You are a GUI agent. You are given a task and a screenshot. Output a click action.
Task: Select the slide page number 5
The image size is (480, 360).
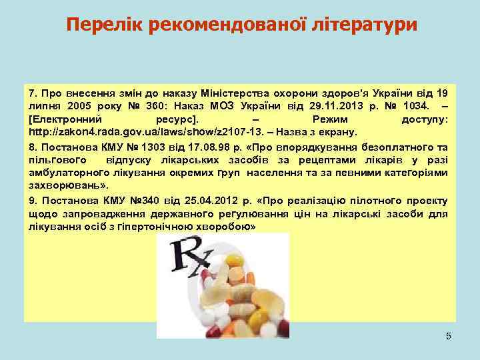coord(448,336)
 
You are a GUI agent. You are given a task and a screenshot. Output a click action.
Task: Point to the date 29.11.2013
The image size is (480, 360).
coord(321,105)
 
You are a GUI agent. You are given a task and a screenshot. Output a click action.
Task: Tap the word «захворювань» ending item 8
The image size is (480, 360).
coord(64,185)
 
